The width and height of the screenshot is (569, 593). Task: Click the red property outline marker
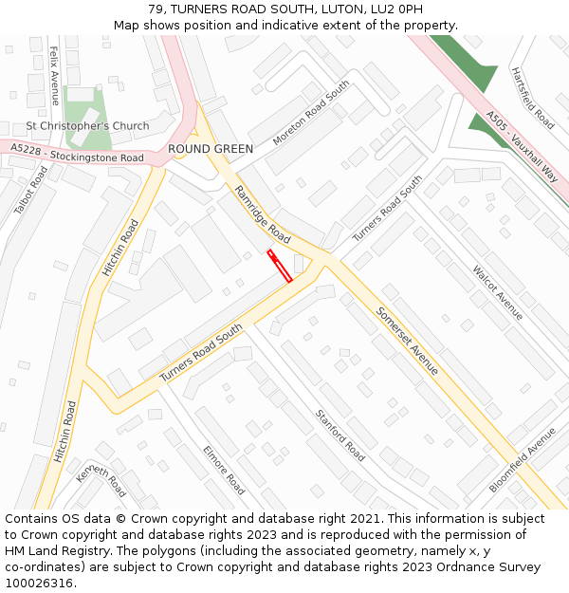pyautogui.click(x=280, y=267)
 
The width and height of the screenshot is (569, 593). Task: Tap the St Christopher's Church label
pyautogui.click(x=87, y=126)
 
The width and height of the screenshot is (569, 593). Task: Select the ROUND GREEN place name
pyautogui.click(x=211, y=149)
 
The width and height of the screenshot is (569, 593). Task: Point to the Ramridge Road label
pyautogui.click(x=263, y=214)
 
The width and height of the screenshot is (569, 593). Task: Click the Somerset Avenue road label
pyautogui.click(x=407, y=340)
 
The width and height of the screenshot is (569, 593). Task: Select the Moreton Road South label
pyautogui.click(x=311, y=112)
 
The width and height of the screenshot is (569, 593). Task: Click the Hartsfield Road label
pyautogui.click(x=532, y=98)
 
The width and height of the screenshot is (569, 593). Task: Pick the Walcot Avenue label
pyautogui.click(x=498, y=292)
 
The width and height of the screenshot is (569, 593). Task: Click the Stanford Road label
pyautogui.click(x=340, y=435)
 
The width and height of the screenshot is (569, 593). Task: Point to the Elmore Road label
pyautogui.click(x=224, y=470)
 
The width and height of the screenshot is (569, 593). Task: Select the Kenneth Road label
pyautogui.click(x=101, y=481)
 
